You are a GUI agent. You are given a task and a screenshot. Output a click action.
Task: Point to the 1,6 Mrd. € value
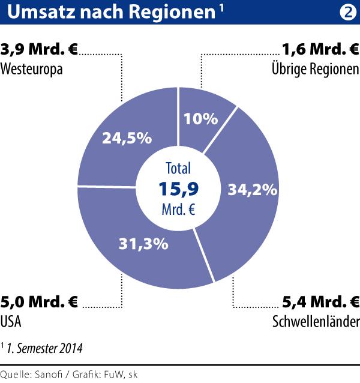pos(320,50)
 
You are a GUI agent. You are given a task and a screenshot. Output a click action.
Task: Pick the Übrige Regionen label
pos(315,68)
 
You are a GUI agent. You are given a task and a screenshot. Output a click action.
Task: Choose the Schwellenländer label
pos(316,322)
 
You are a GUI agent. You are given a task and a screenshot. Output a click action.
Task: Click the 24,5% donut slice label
pos(126,138)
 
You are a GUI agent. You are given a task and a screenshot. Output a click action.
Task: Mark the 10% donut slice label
pos(202,119)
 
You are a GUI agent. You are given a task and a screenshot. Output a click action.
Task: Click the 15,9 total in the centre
pos(179,189)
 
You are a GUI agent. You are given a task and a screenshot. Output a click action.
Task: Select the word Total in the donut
pos(179,170)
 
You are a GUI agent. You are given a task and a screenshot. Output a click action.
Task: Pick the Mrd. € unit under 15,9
pos(179,210)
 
